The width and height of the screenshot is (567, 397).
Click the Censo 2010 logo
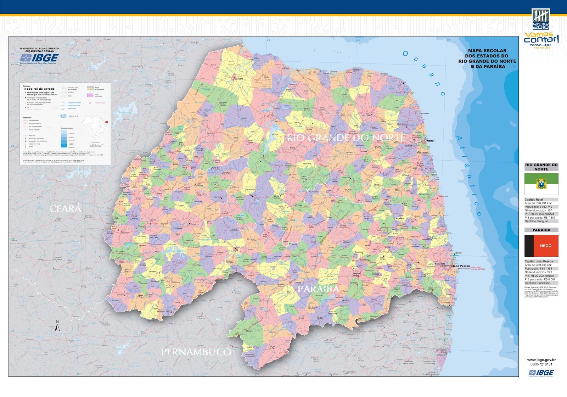[541, 19]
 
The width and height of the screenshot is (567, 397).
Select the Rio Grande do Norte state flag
[541, 184]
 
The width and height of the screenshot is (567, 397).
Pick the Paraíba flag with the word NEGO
[541, 246]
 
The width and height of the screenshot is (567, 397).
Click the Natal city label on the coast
[430, 141]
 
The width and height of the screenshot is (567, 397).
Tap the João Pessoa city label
[461, 266]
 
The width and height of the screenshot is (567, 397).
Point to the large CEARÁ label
[66, 209]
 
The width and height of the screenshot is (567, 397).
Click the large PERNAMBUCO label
[196, 352]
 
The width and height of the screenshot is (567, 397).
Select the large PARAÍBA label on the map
[318, 289]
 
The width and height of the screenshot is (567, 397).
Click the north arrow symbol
[57, 326]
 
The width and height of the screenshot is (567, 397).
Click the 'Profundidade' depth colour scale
[63, 139]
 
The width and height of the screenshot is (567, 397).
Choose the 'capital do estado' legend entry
[41, 89]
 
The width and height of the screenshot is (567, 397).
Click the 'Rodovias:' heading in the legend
[27, 117]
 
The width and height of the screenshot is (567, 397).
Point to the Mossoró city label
[238, 79]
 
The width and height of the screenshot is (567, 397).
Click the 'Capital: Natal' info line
[534, 200]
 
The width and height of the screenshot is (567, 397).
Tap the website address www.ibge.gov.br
[541, 360]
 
